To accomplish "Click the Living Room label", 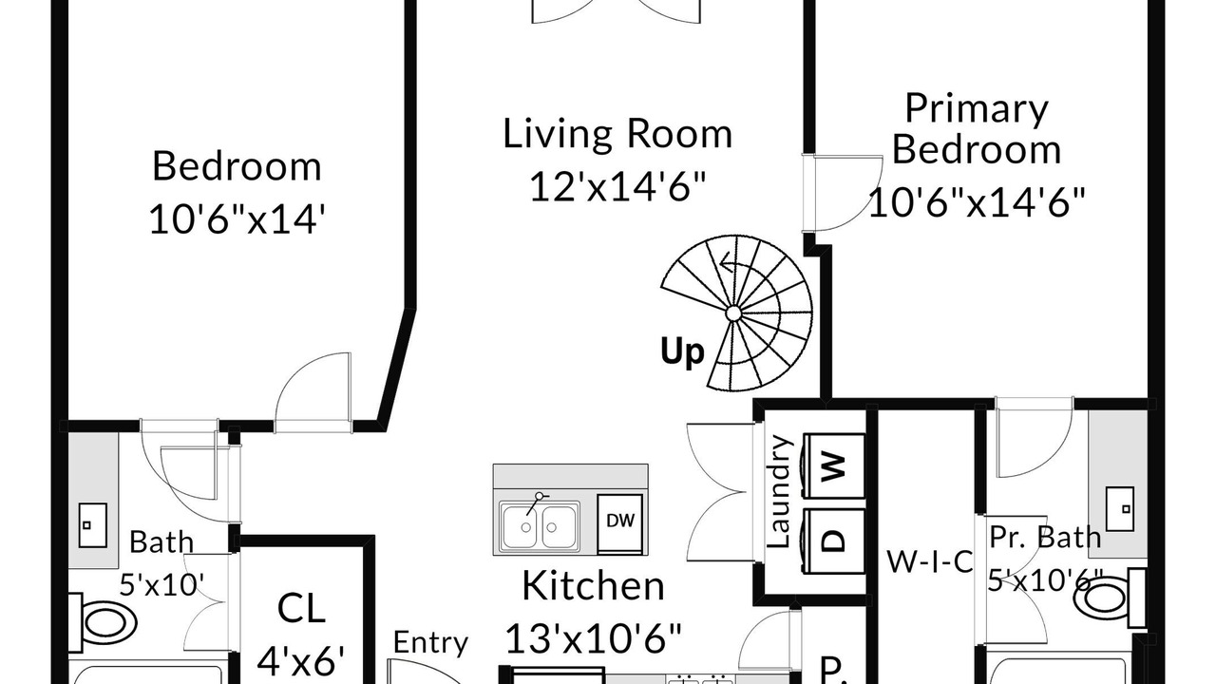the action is [x=617, y=134].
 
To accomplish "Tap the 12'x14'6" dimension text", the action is [x=617, y=186].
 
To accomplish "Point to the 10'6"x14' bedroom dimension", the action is [x=237, y=218].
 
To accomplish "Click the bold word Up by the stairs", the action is [x=682, y=351].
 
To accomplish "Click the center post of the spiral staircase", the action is [x=732, y=313].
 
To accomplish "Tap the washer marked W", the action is [x=834, y=465].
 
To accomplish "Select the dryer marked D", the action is [x=834, y=541].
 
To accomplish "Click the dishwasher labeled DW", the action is [x=620, y=523].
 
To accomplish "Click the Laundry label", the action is [x=779, y=491].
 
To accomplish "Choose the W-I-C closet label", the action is [x=929, y=561].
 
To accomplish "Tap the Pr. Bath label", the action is [x=1045, y=538].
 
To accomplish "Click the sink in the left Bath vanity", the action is [x=93, y=525].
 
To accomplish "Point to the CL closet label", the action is [x=301, y=609].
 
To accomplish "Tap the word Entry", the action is [x=430, y=643].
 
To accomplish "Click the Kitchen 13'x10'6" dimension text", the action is [x=594, y=637].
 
